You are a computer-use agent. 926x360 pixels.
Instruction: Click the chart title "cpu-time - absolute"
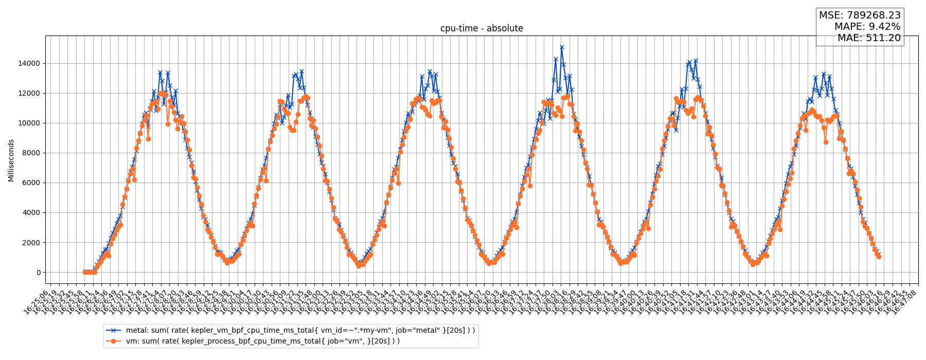[482, 29]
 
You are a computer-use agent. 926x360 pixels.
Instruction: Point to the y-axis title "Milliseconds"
[11, 160]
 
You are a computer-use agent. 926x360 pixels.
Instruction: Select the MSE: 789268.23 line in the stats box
[860, 15]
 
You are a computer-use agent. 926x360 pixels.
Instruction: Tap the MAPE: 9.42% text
[867, 27]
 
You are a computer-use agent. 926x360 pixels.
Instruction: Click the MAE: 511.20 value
[868, 38]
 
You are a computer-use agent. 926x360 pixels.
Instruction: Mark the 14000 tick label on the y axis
[29, 64]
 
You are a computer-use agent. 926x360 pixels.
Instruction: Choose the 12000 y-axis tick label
[29, 94]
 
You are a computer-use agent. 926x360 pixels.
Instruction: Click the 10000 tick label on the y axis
[29, 123]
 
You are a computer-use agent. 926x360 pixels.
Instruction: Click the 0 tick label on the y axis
[38, 273]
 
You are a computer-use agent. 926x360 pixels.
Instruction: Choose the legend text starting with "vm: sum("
[262, 341]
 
